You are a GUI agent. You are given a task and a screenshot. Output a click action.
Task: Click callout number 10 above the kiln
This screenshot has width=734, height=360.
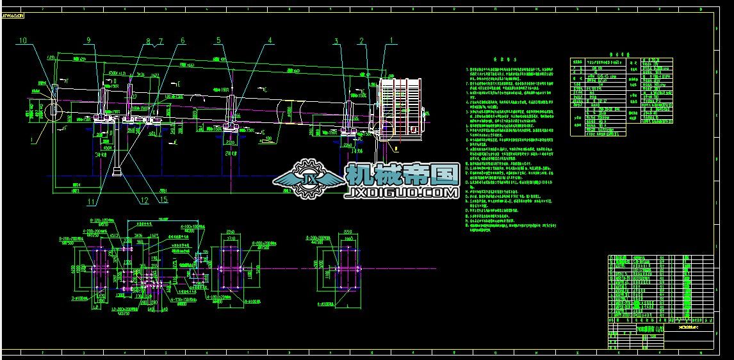[24, 40]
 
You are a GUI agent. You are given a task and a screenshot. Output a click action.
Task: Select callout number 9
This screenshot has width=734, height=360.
[88, 40]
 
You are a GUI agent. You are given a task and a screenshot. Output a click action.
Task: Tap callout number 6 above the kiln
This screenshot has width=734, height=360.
[183, 40]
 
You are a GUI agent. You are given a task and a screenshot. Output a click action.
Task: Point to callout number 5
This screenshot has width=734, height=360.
[218, 40]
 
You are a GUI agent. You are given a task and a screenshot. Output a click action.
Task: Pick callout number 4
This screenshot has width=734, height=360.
[270, 40]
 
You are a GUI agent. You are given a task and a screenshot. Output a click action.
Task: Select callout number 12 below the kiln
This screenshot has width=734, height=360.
[145, 200]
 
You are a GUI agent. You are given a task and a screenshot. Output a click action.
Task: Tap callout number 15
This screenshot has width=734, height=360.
[165, 200]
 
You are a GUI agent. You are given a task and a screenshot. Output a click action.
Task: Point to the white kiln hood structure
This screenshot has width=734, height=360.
[402, 108]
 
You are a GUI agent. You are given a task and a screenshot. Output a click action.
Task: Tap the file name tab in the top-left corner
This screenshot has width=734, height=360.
[13, 16]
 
